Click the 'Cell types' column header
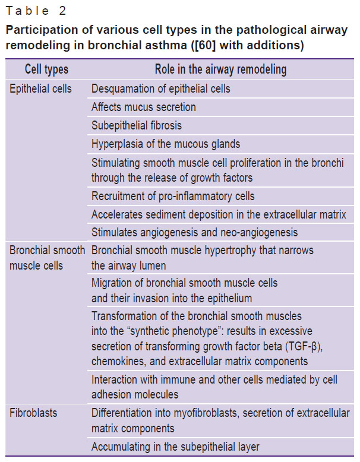pos(46,69)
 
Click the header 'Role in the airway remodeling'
pos(220,69)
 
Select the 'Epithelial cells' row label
pos(40,88)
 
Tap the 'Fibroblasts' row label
pos(33,413)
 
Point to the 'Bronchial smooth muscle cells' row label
pos(47,258)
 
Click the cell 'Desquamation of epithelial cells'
pos(160,88)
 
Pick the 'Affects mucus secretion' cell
pos(144,107)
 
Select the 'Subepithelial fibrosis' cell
pos(137,125)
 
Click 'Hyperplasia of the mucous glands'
pos(166,144)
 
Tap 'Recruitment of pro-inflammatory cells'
pos(173,196)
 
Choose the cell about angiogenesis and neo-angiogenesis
pos(195,232)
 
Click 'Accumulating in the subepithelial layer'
pos(175,447)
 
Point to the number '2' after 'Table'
pos(62,11)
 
